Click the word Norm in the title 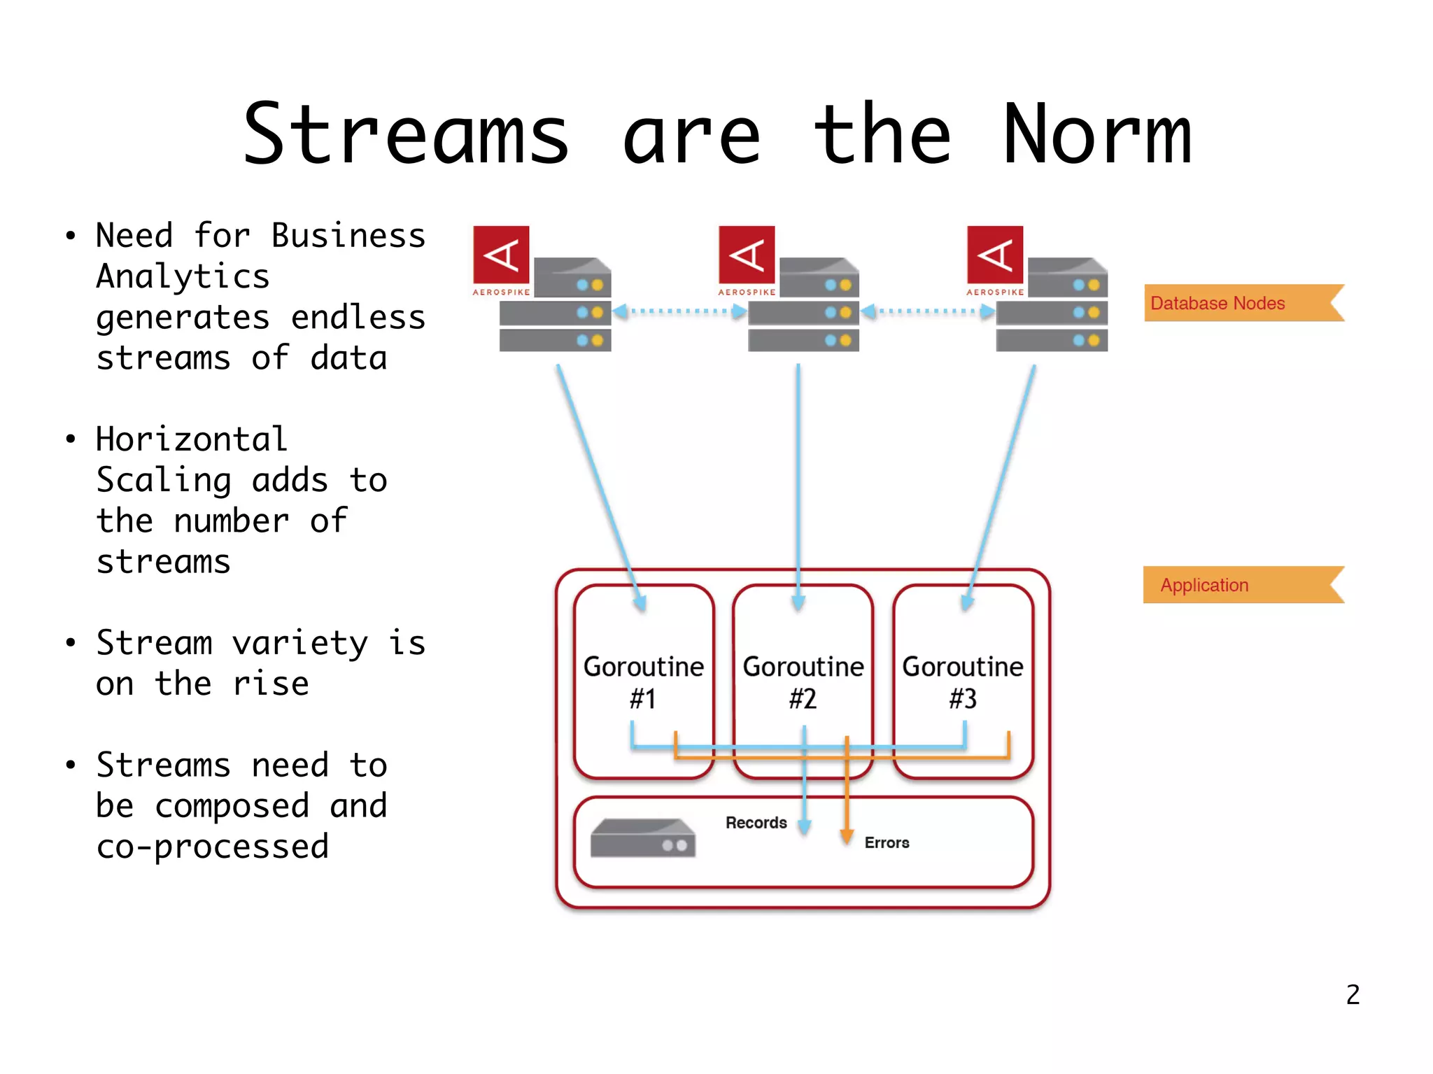click(1096, 134)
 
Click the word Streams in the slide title click(406, 134)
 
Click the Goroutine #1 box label click(643, 682)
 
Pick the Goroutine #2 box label click(803, 682)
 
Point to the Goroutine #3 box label click(962, 682)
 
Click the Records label click(756, 823)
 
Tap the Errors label click(887, 842)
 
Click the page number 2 click(1353, 994)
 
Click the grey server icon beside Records click(642, 838)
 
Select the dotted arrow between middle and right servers click(927, 311)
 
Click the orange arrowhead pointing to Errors click(847, 836)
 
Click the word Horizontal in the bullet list click(191, 439)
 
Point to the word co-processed click(212, 847)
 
